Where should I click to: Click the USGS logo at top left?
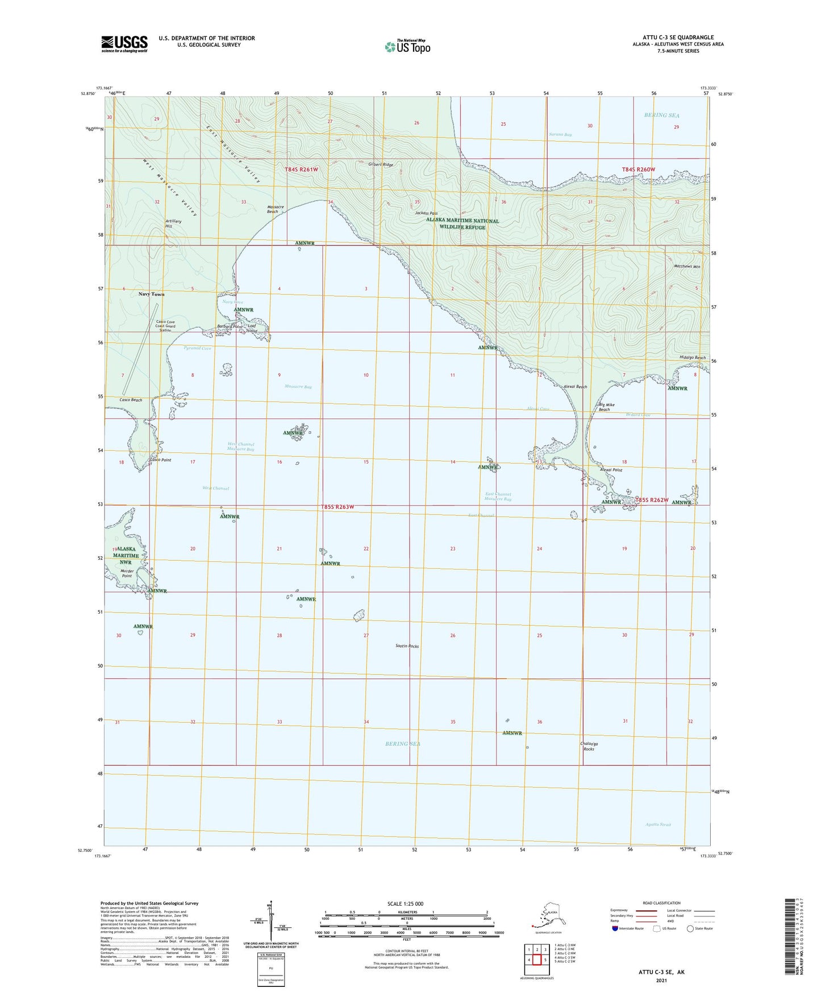(124, 43)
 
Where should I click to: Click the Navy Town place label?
(151, 294)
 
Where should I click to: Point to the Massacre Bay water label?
(298, 387)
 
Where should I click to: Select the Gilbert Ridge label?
(381, 165)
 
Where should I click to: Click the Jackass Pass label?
(426, 213)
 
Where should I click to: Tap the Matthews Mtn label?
(687, 266)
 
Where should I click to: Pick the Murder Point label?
(126, 573)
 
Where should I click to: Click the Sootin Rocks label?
(407, 646)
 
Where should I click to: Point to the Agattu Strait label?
(659, 824)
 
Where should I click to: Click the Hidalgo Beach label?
(692, 357)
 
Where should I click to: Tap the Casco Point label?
(160, 460)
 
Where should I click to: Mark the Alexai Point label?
(611, 470)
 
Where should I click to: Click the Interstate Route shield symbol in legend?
(615, 928)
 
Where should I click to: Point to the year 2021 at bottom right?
(661, 980)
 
